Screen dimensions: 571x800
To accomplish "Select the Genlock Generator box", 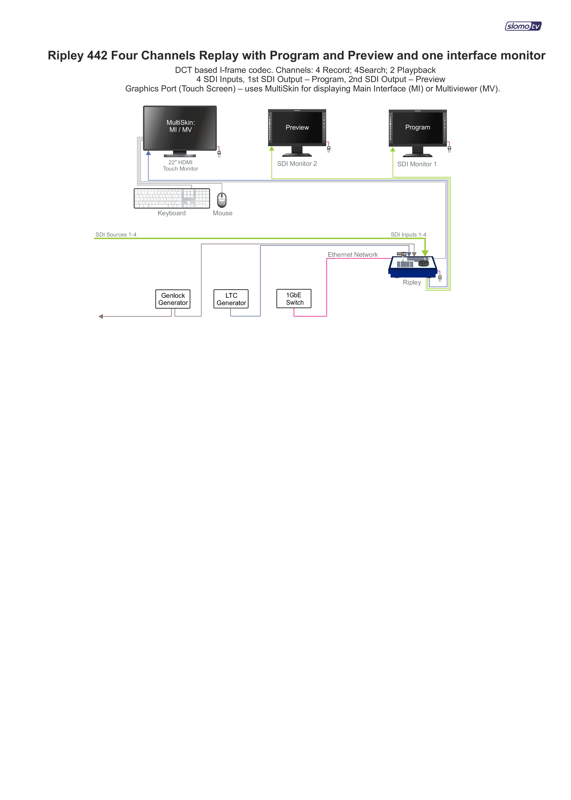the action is tap(173, 299).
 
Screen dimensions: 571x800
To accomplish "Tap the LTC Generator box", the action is tap(231, 299).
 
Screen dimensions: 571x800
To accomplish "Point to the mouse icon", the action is tap(222, 200).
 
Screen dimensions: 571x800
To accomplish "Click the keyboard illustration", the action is tap(172, 198).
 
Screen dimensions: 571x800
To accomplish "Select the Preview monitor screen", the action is tap(297, 128).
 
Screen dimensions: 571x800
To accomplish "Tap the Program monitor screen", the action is tap(418, 128).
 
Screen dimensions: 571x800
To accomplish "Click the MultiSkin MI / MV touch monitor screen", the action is tap(180, 128).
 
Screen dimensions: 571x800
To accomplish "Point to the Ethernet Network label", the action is tap(353, 254).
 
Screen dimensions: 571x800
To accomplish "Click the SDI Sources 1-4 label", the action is tap(116, 234).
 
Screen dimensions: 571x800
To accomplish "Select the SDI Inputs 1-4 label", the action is tap(408, 234).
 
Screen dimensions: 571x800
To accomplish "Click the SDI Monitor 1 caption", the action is tap(417, 164).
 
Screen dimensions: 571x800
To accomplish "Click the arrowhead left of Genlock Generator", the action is tap(101, 316).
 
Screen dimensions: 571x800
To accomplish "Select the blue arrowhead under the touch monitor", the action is tap(148, 153).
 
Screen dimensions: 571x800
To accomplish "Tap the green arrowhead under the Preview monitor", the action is tap(272, 149).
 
